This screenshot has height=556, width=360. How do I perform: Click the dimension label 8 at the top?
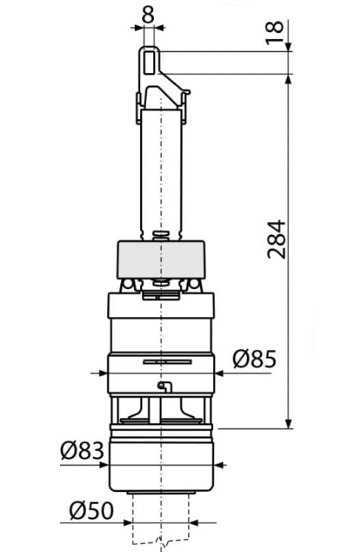[x=148, y=14]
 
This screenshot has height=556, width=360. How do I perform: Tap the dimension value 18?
[x=275, y=32]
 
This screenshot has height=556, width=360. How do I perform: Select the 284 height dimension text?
[x=276, y=239]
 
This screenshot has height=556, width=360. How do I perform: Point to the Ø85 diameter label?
[x=254, y=359]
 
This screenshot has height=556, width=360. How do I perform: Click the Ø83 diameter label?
[x=82, y=450]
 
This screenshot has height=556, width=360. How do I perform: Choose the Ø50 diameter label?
[x=92, y=511]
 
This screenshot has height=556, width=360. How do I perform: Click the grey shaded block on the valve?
[x=161, y=260]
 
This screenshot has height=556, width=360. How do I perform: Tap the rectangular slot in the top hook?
[x=150, y=61]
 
